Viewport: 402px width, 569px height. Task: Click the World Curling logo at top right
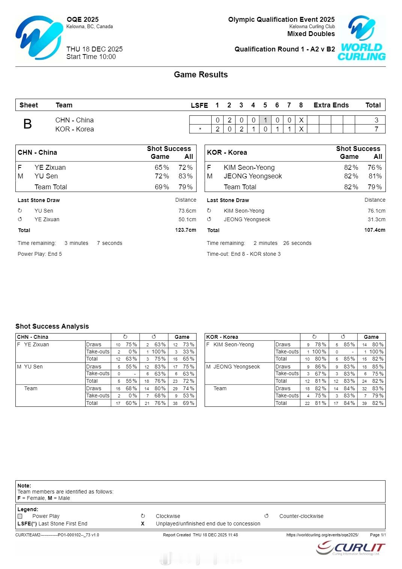click(x=362, y=38)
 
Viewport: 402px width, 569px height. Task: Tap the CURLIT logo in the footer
click(x=351, y=548)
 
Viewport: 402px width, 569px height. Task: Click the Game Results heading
click(x=201, y=75)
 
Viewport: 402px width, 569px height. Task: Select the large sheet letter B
click(x=27, y=124)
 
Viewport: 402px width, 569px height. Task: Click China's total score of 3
click(x=376, y=120)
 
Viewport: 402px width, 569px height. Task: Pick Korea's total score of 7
click(x=376, y=129)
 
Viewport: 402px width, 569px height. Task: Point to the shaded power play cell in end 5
click(x=265, y=120)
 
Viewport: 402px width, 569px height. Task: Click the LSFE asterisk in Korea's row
click(x=200, y=130)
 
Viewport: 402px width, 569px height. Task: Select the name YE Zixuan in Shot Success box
click(x=50, y=168)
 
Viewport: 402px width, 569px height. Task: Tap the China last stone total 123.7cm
click(x=185, y=230)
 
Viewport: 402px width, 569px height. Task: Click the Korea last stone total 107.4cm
click(x=375, y=230)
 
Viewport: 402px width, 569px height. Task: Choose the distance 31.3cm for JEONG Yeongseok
click(x=376, y=219)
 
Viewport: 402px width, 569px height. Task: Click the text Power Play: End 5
click(x=40, y=254)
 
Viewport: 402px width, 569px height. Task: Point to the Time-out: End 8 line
click(x=244, y=254)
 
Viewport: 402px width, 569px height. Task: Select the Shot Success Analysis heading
click(x=52, y=326)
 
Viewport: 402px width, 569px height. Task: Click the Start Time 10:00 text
click(x=91, y=57)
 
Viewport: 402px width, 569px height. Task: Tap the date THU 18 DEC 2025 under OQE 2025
click(x=95, y=49)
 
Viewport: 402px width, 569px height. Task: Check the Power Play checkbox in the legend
click(x=20, y=516)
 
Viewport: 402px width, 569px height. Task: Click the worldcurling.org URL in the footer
click(x=322, y=535)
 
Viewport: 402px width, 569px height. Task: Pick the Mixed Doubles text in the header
click(x=311, y=34)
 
